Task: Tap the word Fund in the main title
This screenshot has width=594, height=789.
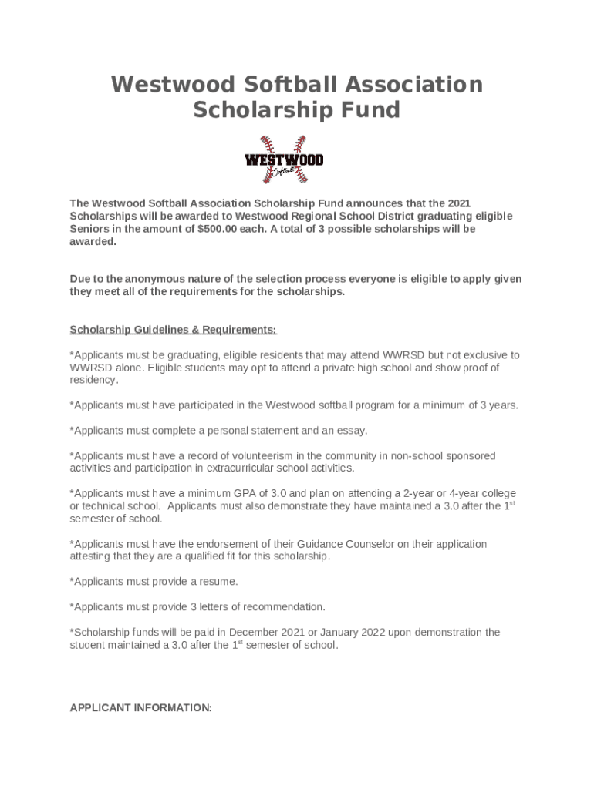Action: pyautogui.click(x=372, y=110)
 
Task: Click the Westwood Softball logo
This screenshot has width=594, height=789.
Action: pyautogui.click(x=283, y=159)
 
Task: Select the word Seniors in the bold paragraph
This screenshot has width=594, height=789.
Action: pyautogui.click(x=89, y=229)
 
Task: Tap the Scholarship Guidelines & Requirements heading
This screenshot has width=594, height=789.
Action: pyautogui.click(x=173, y=330)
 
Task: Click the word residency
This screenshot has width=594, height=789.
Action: pyautogui.click(x=94, y=380)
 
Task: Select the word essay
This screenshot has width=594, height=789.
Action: pyautogui.click(x=352, y=430)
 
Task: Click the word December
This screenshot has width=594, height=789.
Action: pyautogui.click(x=262, y=632)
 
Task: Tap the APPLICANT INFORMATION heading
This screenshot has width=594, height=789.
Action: pyautogui.click(x=140, y=707)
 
